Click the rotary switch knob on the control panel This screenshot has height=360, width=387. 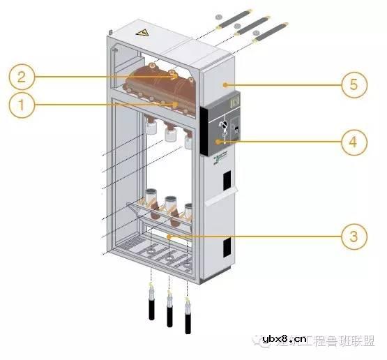tap(224, 125)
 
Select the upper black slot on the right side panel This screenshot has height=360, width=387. tap(227, 181)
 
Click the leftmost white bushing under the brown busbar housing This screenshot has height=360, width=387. tap(149, 128)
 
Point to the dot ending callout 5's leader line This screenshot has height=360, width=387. tap(225, 85)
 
